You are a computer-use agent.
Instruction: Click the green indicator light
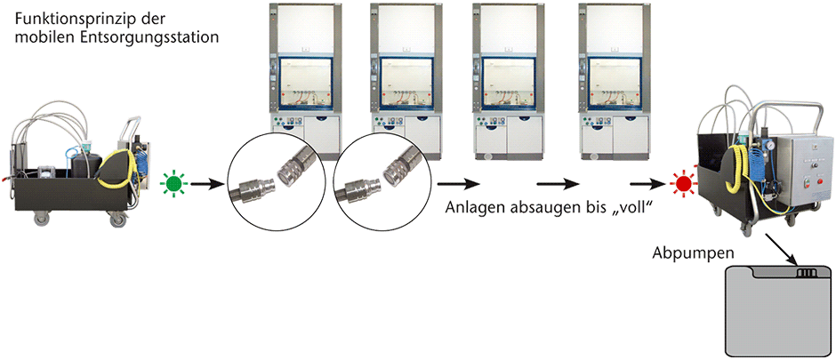(173, 184)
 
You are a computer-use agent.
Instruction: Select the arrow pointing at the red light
(647, 185)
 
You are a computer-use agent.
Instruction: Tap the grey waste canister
(778, 311)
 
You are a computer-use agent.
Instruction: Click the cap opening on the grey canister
(806, 273)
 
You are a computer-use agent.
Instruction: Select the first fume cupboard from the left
(304, 81)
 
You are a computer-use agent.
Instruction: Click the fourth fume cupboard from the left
(615, 80)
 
